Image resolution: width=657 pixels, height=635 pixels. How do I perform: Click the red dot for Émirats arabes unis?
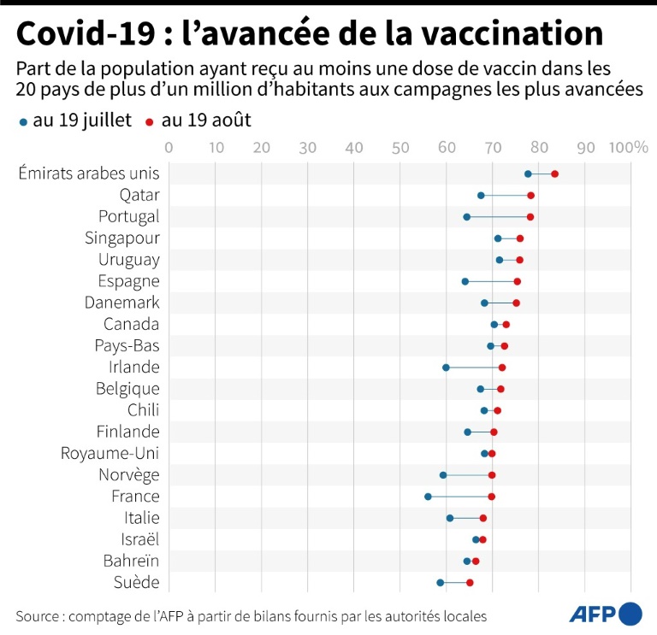tap(554, 173)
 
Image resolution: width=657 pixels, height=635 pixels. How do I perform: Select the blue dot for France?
tap(428, 497)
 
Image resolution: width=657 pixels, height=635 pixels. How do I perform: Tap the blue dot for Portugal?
tap(466, 217)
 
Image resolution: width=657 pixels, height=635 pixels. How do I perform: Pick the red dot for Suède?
tap(470, 583)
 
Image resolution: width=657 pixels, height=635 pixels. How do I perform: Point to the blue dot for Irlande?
tap(446, 367)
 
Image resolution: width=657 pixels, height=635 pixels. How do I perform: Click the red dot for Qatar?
tap(530, 196)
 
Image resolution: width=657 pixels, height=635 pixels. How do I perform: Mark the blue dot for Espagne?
tap(465, 281)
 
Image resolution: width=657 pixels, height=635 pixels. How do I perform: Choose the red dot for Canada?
tap(506, 325)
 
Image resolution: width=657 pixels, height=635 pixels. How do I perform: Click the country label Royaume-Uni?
tap(110, 453)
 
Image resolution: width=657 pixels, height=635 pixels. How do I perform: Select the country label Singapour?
tap(122, 238)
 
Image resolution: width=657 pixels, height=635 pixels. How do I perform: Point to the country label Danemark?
tap(122, 303)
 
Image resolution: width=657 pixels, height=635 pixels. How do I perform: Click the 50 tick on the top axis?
tap(400, 147)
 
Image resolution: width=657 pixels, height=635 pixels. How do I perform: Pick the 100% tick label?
tap(628, 147)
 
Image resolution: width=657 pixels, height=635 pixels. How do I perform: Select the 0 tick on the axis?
tap(169, 147)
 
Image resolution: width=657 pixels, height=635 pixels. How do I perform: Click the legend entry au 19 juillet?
tap(75, 121)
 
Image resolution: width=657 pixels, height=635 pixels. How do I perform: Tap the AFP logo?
tap(606, 614)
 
